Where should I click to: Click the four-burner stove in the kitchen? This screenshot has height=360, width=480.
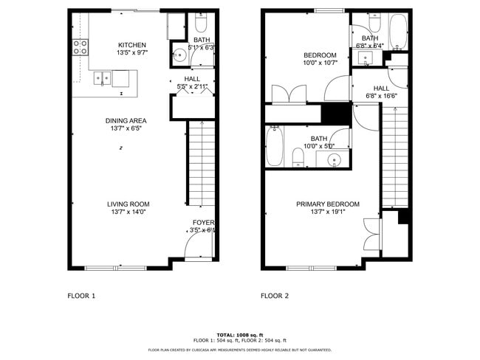pyautogui.click(x=80, y=47)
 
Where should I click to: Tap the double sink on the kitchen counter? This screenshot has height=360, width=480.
pyautogui.click(x=103, y=76)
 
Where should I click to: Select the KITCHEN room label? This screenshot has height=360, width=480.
pyautogui.click(x=132, y=45)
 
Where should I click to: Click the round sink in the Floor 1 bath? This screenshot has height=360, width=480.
pyautogui.click(x=179, y=54)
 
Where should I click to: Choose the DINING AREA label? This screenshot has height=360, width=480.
pyautogui.click(x=126, y=120)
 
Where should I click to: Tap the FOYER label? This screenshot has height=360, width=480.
pyautogui.click(x=203, y=222)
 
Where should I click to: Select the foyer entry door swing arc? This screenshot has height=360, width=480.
pyautogui.click(x=196, y=248)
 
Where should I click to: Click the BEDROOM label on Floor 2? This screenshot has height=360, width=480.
pyautogui.click(x=320, y=55)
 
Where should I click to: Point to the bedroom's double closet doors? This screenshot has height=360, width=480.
pyautogui.click(x=289, y=94)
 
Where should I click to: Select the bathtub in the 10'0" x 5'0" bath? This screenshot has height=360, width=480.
pyautogui.click(x=275, y=145)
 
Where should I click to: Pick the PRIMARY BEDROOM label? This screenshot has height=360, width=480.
pyautogui.click(x=328, y=204)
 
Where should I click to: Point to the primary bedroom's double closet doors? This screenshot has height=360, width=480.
pyautogui.click(x=371, y=234)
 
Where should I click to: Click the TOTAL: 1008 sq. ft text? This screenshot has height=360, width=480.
pyautogui.click(x=239, y=334)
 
